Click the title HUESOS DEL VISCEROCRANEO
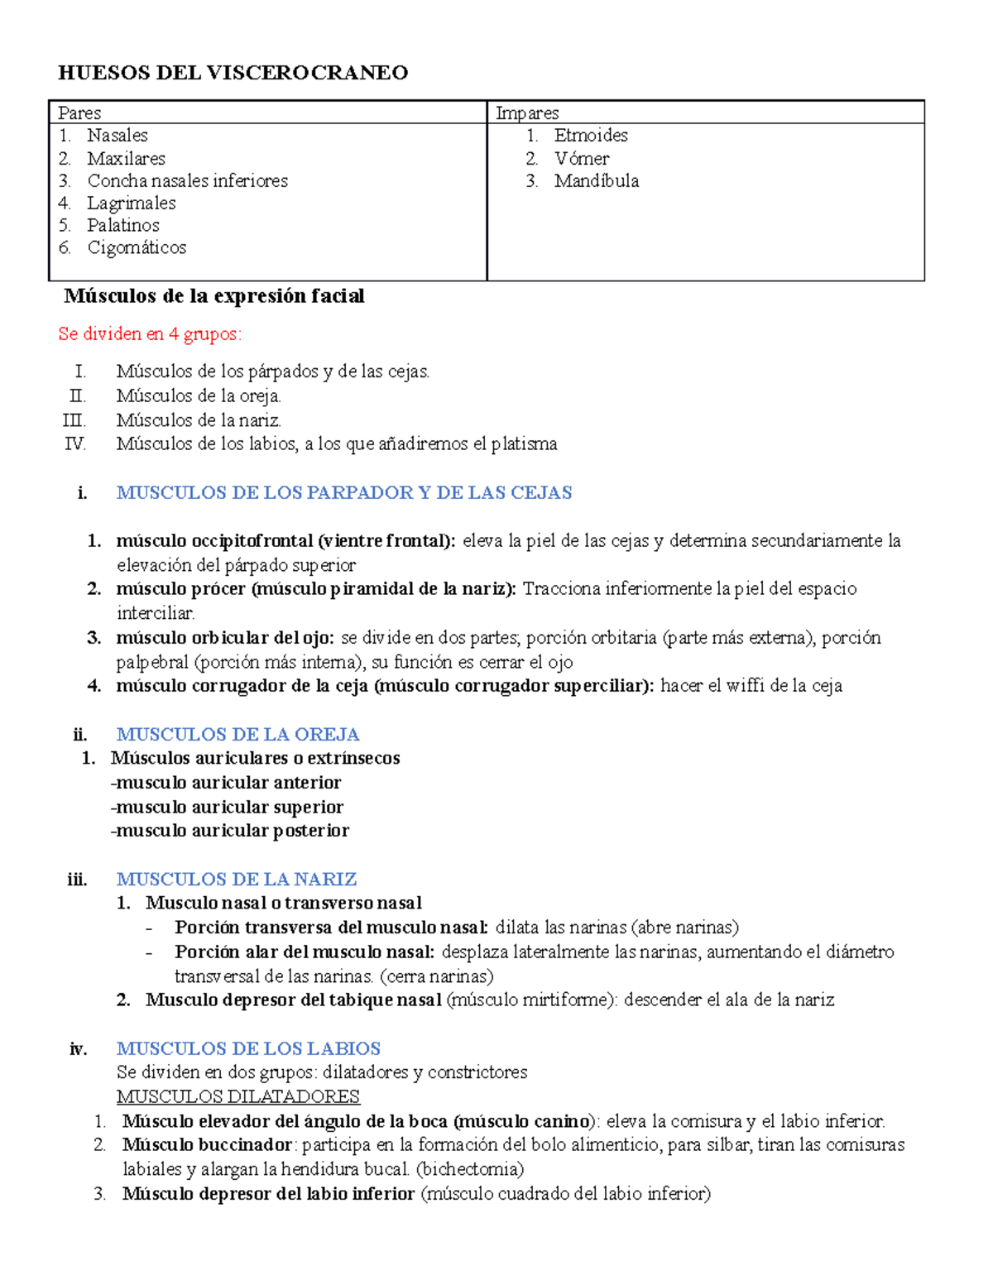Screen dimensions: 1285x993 point(233,73)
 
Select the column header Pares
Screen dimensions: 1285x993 point(79,113)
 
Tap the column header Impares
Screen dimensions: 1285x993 point(527,113)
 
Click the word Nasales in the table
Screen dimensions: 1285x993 point(118,135)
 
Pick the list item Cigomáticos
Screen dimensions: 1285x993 point(137,247)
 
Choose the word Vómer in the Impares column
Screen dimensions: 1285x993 point(582,158)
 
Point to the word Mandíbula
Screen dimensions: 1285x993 point(596,180)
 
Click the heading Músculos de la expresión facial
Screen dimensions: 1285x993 point(214,296)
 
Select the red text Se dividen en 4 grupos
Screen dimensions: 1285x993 point(150,334)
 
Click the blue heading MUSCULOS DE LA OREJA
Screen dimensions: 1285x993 point(237,734)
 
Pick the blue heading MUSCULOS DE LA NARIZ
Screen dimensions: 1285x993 point(237,879)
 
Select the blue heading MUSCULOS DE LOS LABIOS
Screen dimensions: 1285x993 point(248,1048)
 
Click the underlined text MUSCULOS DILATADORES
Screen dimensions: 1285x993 point(238,1097)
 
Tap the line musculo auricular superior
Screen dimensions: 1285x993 point(228,807)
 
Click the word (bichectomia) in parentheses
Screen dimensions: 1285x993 point(470,1169)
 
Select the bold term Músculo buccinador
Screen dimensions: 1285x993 point(207,1145)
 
